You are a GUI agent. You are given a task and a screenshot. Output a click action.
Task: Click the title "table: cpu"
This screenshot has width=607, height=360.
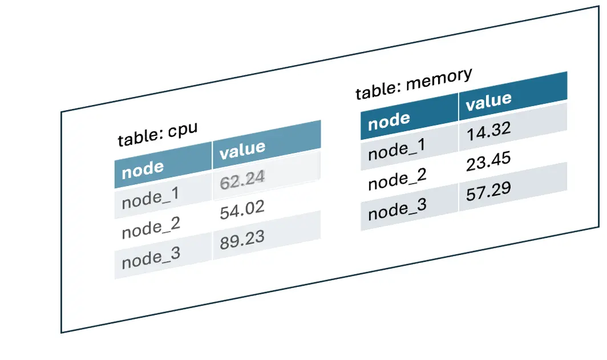tap(157, 134)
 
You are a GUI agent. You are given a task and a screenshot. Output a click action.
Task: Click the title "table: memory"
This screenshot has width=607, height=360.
tap(414, 83)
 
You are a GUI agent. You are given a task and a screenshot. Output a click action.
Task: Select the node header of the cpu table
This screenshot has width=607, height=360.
tap(143, 169)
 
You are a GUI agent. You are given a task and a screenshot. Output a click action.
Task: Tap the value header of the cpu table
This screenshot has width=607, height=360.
tap(242, 150)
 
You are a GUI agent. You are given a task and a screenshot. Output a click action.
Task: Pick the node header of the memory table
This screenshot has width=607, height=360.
tap(389, 121)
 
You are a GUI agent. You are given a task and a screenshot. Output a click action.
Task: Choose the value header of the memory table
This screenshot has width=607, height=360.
tap(488, 101)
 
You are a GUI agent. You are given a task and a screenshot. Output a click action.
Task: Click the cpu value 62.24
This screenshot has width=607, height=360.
tap(242, 180)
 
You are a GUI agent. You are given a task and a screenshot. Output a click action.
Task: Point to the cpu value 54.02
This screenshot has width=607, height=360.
tap(242, 210)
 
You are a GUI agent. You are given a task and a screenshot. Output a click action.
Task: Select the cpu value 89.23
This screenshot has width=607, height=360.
tap(242, 240)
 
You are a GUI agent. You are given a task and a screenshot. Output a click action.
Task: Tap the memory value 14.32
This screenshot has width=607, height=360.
tap(488, 131)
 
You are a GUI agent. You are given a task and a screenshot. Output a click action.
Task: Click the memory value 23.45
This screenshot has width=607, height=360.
tap(488, 161)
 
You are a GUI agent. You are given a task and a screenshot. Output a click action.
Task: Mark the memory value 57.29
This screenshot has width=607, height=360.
tap(488, 191)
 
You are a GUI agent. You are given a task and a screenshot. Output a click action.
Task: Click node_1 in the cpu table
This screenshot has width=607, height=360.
tap(151, 198)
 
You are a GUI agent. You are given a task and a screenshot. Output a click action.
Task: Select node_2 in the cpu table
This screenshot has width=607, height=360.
tap(151, 228)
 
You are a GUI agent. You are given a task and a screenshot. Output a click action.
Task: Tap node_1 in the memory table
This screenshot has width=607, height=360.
tap(397, 149)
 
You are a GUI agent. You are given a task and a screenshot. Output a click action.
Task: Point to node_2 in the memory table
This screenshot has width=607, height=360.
tap(397, 179)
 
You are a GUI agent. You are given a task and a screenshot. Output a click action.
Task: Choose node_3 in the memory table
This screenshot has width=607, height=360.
tap(397, 209)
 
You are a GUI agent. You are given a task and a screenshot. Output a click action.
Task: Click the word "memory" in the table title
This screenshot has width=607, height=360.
tap(439, 79)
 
